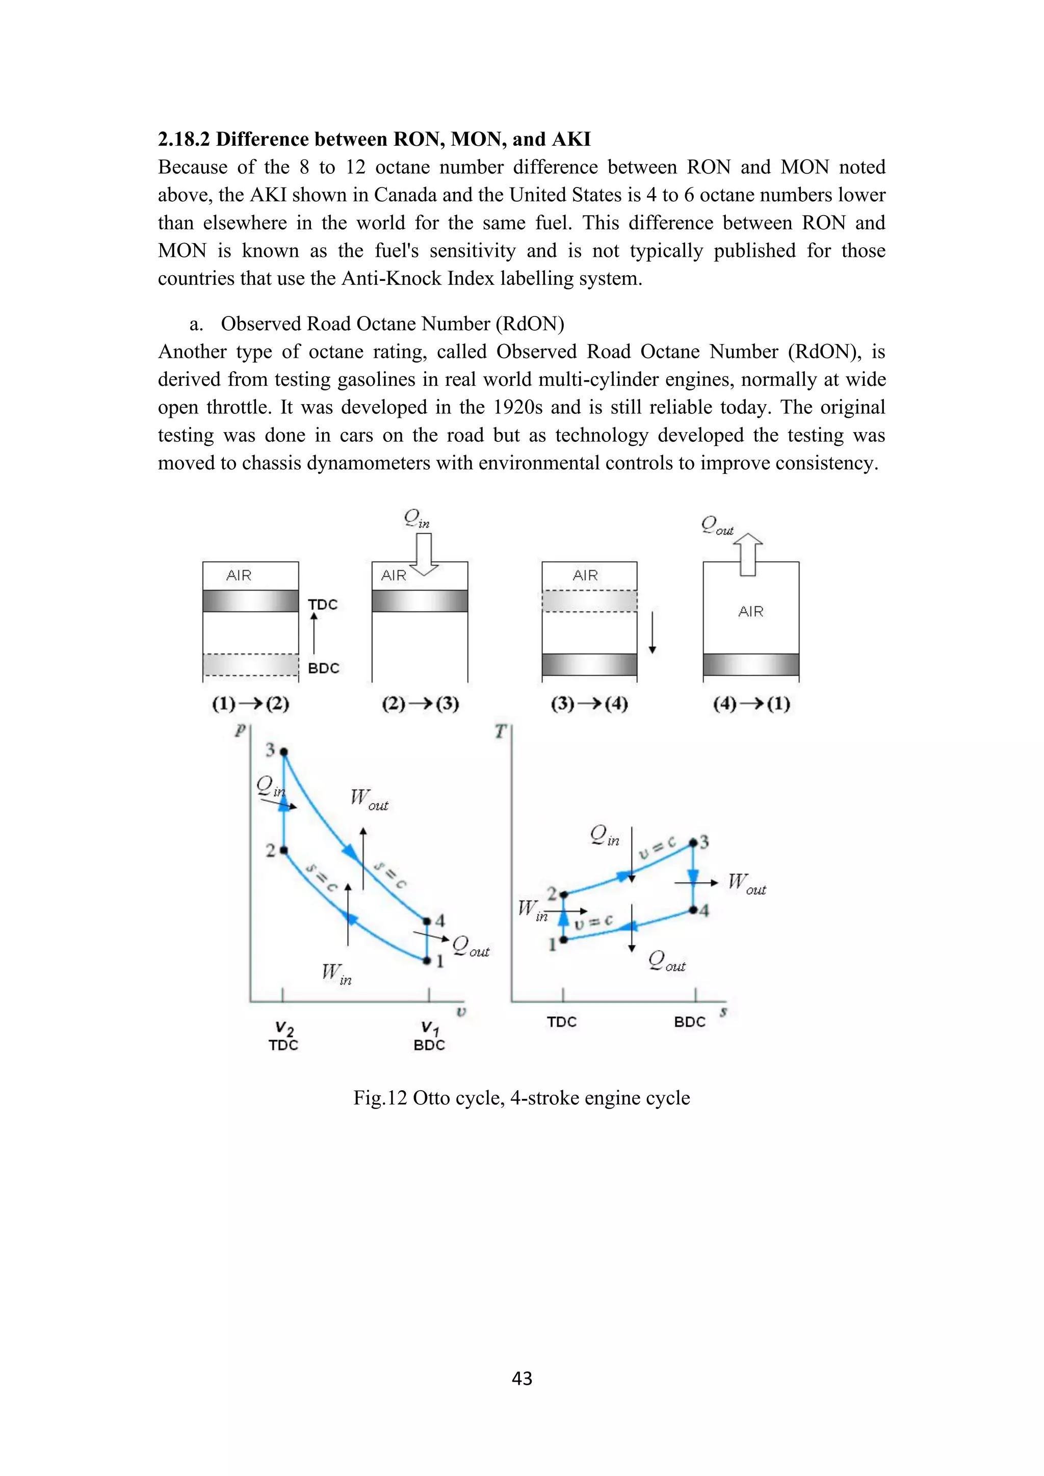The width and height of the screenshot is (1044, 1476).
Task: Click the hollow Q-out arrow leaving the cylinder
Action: click(x=748, y=554)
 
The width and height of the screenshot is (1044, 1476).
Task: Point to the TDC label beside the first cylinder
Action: click(x=323, y=604)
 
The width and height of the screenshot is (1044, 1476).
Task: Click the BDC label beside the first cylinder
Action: click(x=323, y=668)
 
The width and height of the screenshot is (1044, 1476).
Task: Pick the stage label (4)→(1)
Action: click(x=751, y=703)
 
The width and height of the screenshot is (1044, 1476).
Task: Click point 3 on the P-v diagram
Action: click(x=283, y=751)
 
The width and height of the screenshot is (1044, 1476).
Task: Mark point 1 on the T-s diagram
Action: click(x=563, y=940)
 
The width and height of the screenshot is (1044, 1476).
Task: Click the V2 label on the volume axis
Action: click(x=284, y=1029)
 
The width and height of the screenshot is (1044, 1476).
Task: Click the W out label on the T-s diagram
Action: click(x=746, y=883)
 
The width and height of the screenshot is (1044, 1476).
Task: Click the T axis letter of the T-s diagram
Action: click(x=501, y=731)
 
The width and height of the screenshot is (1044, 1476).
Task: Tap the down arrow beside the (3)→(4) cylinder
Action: click(x=652, y=632)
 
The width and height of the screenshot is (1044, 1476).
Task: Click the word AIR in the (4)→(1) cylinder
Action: click(x=751, y=612)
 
